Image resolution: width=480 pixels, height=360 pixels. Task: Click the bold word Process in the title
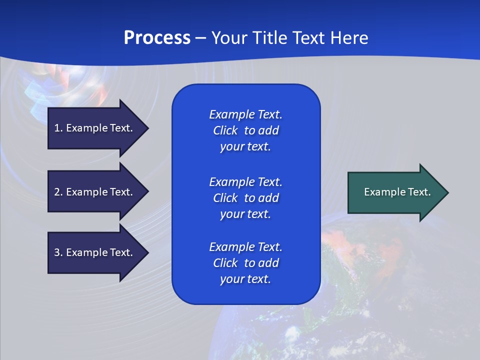pos(157,38)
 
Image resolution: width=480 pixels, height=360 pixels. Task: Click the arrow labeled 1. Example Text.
pos(95,128)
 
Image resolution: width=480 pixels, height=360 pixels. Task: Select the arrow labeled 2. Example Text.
pos(95,192)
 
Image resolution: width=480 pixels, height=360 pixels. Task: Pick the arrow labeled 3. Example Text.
pos(95,252)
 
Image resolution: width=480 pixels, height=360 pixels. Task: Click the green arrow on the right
pos(395,192)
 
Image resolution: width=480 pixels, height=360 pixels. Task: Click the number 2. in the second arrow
pos(58,192)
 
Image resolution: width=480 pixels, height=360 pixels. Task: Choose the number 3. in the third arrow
pos(58,252)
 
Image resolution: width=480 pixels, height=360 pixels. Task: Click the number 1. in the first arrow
pos(58,128)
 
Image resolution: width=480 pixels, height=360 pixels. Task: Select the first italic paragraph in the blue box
pos(245,130)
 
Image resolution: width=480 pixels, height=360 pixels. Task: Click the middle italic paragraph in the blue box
pos(245,197)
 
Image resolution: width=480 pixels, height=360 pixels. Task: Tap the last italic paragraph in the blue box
pos(245,263)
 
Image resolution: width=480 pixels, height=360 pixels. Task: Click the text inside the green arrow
pos(397,192)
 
